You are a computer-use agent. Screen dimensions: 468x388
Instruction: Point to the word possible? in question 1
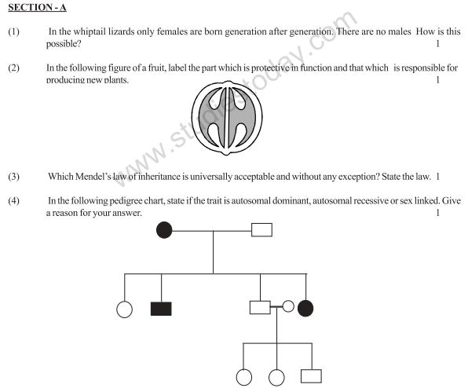pos(65,42)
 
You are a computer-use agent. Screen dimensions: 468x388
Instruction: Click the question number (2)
pos(13,68)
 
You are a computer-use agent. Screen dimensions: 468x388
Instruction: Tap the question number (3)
pos(13,177)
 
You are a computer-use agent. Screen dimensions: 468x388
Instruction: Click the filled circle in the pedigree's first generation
pos(164,229)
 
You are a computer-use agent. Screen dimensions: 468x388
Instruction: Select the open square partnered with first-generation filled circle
pos(261,229)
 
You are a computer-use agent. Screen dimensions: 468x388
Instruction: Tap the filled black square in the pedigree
pos(160,308)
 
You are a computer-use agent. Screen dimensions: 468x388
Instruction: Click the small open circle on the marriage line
pos(288,307)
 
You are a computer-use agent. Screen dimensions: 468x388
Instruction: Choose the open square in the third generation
pos(313,376)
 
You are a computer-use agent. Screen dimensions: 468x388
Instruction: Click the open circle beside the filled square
pos(124,308)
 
